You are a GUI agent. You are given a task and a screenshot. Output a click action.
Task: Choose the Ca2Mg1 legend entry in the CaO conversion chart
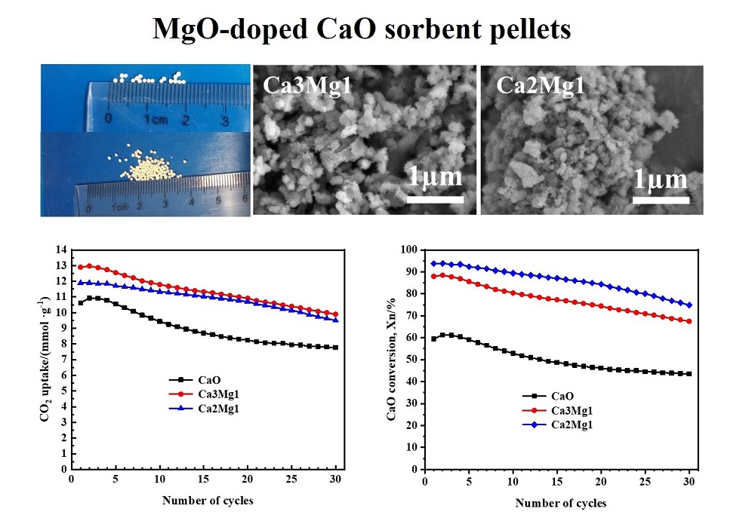(x=570, y=424)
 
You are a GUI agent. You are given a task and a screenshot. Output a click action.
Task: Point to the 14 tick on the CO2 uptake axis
(x=61, y=250)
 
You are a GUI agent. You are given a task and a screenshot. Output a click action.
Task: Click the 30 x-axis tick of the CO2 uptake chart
(x=336, y=480)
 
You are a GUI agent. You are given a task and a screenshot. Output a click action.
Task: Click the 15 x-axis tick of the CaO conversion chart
(x=558, y=480)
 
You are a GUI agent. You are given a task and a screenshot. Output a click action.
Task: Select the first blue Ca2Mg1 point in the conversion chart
(x=433, y=263)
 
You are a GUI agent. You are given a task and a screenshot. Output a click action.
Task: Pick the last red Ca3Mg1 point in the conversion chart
(x=689, y=321)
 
